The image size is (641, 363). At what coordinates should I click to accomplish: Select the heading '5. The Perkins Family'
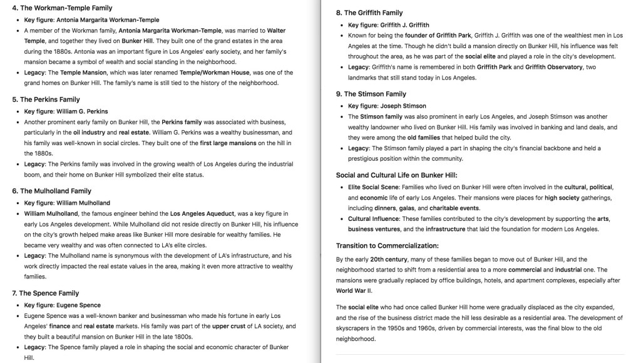[x=46, y=100]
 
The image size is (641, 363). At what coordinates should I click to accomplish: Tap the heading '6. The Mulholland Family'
[x=51, y=191]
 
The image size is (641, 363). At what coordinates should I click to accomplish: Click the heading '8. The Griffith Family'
[x=369, y=13]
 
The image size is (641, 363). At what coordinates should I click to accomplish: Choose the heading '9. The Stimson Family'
[x=371, y=94]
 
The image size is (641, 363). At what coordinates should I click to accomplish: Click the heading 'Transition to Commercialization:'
[x=387, y=245]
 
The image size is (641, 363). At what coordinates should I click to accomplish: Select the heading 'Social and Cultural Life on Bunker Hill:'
[x=397, y=175]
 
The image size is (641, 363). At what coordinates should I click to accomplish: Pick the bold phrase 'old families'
[x=424, y=137]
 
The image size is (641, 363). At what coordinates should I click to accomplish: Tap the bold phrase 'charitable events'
[x=455, y=208]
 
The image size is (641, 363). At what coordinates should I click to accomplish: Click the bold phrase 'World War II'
[x=354, y=291]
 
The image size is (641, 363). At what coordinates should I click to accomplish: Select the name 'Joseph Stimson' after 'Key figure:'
[x=402, y=106]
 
